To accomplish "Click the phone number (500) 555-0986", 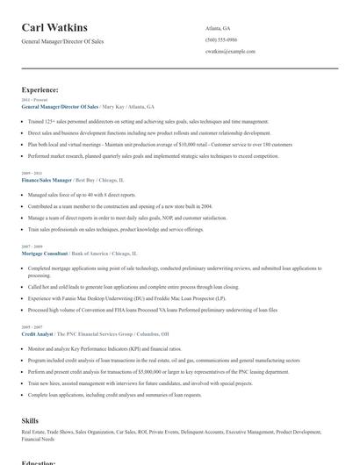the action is click(x=220, y=40).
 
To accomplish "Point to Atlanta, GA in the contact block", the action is click(x=218, y=29).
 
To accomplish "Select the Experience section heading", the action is click(x=40, y=89).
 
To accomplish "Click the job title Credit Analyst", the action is click(x=38, y=334).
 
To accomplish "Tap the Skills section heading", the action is click(x=30, y=421).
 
